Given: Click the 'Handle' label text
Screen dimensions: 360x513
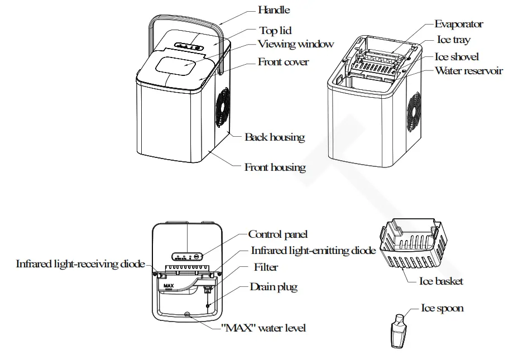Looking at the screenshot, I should [x=274, y=10].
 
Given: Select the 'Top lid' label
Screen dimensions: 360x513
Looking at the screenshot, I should [x=275, y=31].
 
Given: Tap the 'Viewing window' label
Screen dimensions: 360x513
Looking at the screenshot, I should [x=295, y=44].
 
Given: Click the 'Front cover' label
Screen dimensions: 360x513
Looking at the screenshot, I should [x=283, y=62].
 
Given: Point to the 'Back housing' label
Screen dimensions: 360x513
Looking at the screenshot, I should [x=275, y=137].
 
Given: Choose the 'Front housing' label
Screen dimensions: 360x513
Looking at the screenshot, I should [x=275, y=167].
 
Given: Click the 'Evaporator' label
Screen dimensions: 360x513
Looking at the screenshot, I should [x=459, y=24].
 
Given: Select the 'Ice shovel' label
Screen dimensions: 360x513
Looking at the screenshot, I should [x=457, y=57].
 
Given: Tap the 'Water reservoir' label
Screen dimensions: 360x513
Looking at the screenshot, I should [x=468, y=71].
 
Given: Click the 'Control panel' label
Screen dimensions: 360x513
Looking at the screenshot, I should [x=277, y=234].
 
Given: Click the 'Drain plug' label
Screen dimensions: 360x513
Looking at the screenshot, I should [x=274, y=287].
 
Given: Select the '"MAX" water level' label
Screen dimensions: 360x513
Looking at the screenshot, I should [x=263, y=328].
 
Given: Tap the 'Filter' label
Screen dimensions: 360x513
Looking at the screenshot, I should [x=266, y=267].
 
